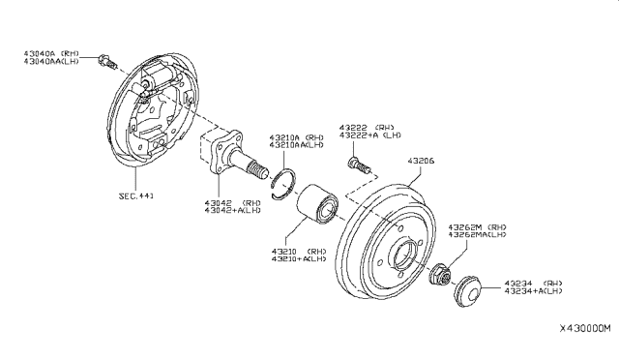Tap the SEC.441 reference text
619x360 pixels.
pos(135,195)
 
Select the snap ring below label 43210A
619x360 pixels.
pos(280,181)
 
